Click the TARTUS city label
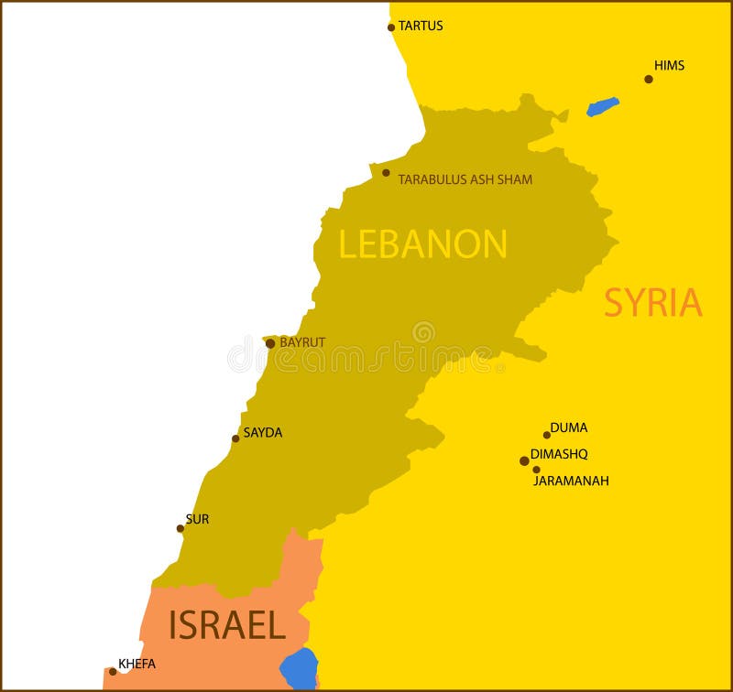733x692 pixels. pos(421,26)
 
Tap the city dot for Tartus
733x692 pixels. pos(391,27)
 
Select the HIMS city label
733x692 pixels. pos(669,65)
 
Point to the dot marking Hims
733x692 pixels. pos(649,79)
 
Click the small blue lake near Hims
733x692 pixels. pos(602,107)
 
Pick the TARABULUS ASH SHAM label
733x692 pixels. pos(465,179)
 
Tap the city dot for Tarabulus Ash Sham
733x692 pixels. pos(386,173)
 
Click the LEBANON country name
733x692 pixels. pos(422,243)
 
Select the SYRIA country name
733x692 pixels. pos(652,303)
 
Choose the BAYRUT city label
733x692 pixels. pos(302,342)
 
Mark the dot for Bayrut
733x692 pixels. pos(270,344)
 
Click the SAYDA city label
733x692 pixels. pos(262,433)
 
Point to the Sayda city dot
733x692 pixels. pos(235,438)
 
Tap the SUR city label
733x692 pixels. pos(197,519)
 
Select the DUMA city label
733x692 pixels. pos(568,427)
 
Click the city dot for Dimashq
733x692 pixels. pos(524,460)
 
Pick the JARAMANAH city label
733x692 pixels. pos(571,480)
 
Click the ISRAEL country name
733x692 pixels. pos(226,625)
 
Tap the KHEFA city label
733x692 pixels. pos(137,664)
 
